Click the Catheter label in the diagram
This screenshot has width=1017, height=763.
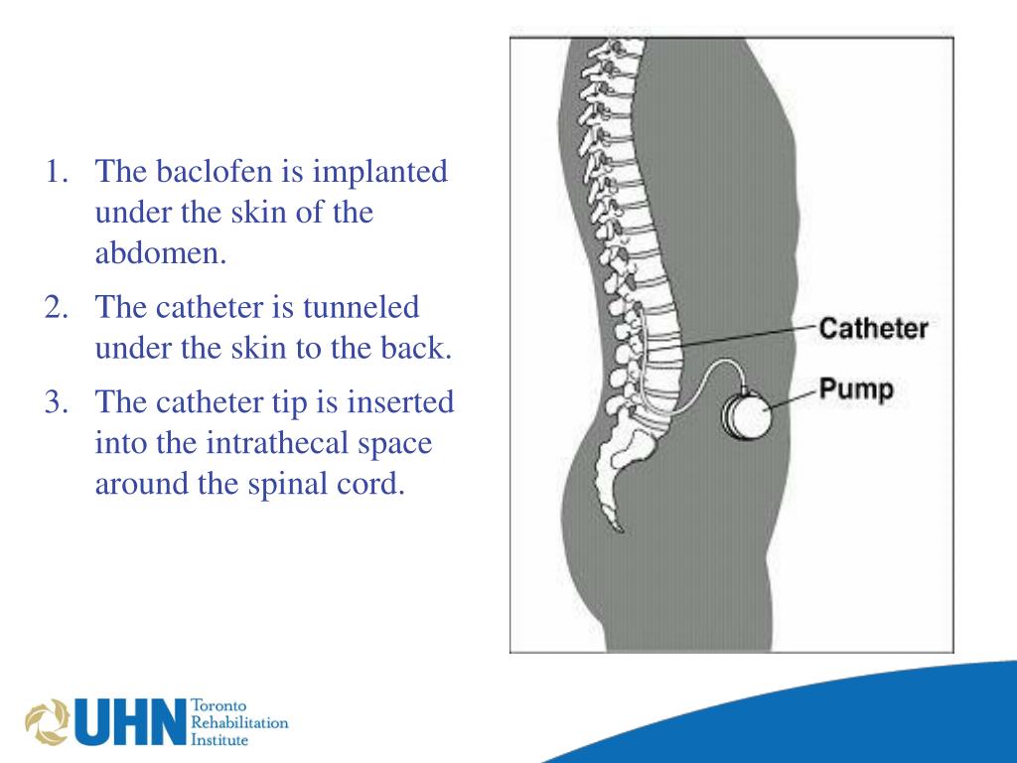click(873, 329)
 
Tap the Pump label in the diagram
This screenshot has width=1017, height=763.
click(855, 388)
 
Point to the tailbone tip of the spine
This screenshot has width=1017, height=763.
click(618, 528)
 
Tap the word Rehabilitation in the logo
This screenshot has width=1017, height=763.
click(238, 722)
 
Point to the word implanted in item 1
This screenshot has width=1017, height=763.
click(381, 172)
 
